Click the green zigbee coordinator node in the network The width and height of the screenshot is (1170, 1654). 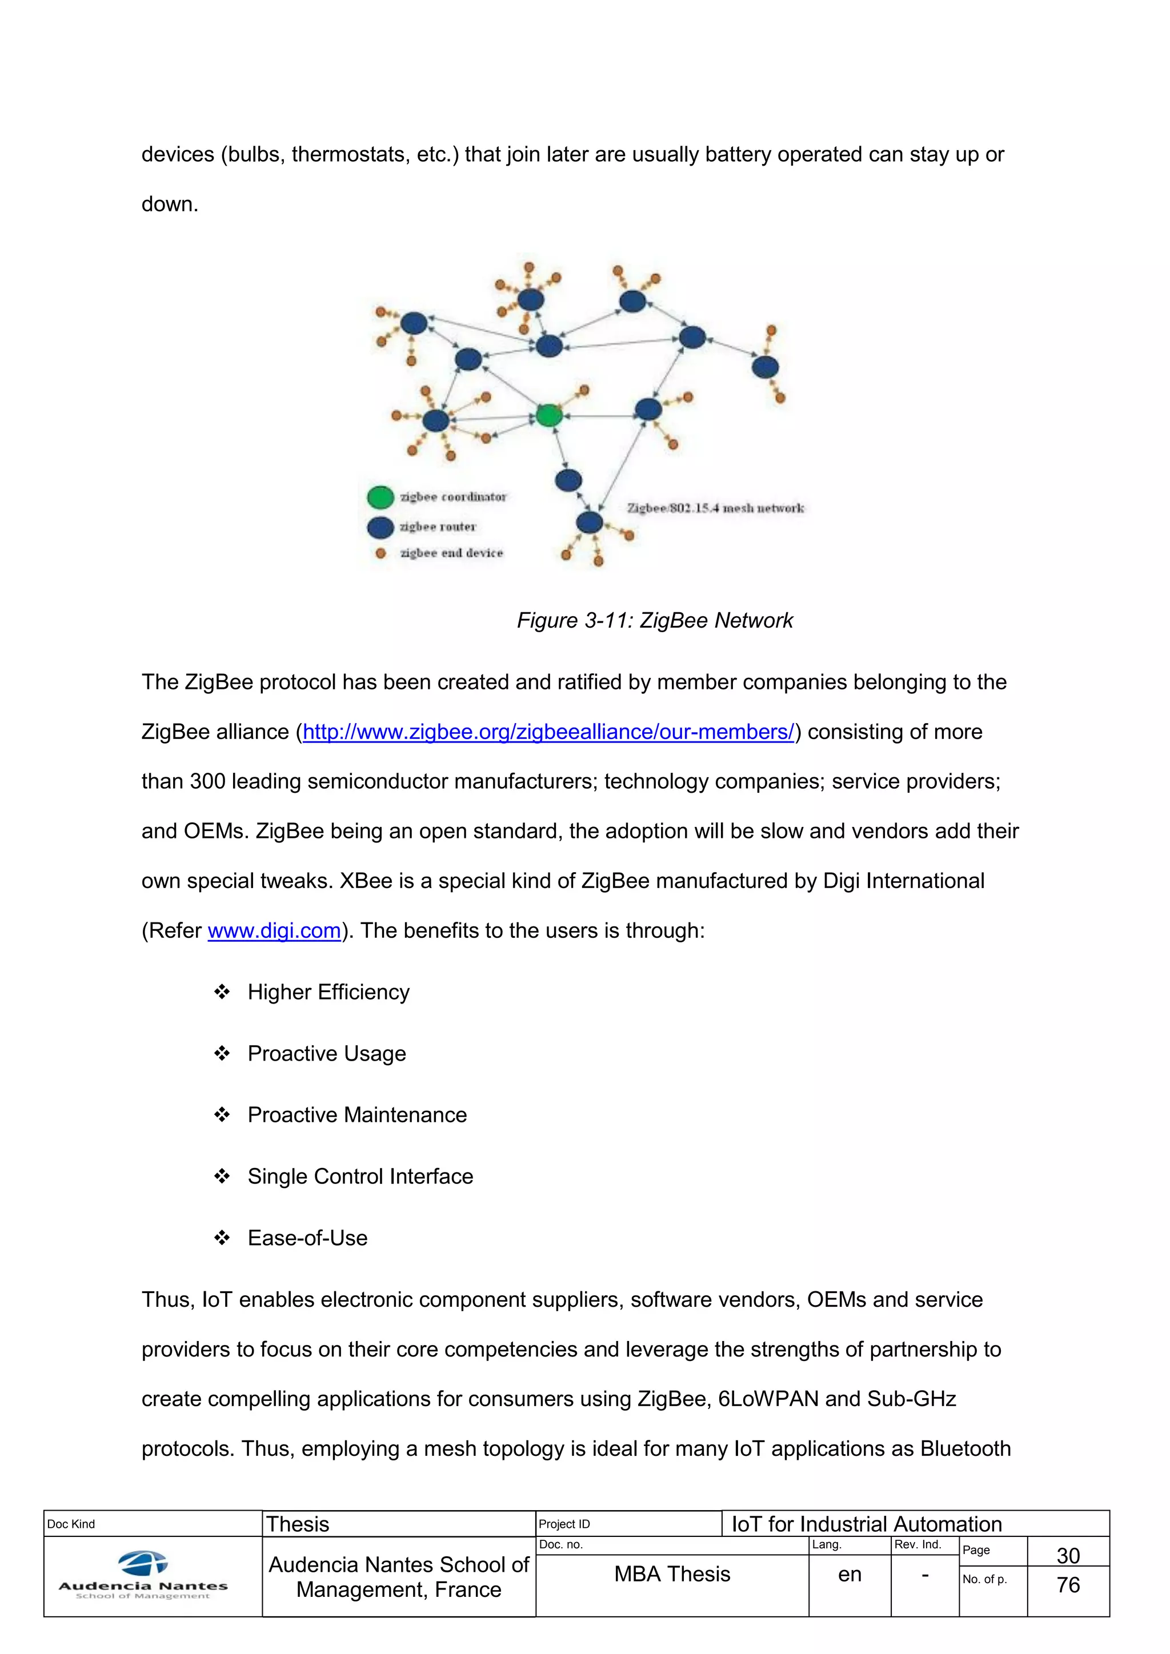[x=549, y=416]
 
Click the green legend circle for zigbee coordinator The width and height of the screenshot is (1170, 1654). [x=380, y=497]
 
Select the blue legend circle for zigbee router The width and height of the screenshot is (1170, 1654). [x=380, y=527]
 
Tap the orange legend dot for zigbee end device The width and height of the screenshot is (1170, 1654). [x=381, y=553]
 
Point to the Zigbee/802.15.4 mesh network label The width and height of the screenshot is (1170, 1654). [x=715, y=508]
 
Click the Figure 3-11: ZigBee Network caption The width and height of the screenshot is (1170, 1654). [x=654, y=620]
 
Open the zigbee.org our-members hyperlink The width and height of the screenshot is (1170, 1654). [x=548, y=732]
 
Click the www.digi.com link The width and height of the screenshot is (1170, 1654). [x=274, y=931]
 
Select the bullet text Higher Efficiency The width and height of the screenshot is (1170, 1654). [x=328, y=992]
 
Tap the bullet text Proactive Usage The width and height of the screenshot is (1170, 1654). [x=326, y=1054]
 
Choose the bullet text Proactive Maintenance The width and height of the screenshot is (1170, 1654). [x=357, y=1115]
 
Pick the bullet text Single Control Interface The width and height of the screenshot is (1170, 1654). [x=360, y=1177]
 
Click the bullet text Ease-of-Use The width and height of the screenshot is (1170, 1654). [x=307, y=1238]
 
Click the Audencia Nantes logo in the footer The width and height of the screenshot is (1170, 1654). [x=143, y=1575]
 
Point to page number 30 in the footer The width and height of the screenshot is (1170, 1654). [x=1068, y=1555]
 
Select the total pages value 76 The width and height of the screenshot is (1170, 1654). [x=1068, y=1585]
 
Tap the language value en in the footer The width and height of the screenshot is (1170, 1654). [x=850, y=1575]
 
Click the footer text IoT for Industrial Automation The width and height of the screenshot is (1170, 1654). [x=867, y=1524]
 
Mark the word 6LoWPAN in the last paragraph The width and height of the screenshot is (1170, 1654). [x=768, y=1399]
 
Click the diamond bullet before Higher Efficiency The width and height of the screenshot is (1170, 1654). [x=222, y=992]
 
